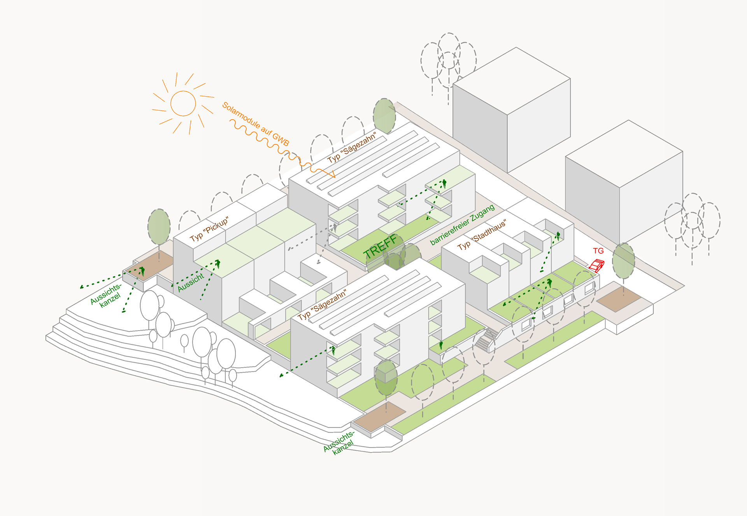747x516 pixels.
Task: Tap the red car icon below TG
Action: pos(596,265)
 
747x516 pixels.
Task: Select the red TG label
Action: pos(598,251)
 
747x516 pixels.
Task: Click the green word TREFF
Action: pos(380,246)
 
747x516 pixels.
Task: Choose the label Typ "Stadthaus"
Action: pos(482,235)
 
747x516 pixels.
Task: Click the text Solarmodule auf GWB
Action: pos(256,124)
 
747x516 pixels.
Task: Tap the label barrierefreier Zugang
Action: pos(462,225)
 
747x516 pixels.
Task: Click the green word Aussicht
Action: pos(191,282)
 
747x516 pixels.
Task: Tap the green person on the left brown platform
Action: pos(142,271)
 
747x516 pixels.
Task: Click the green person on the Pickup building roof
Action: pos(218,264)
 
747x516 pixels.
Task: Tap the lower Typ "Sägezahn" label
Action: pos(322,305)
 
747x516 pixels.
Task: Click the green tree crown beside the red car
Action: pos(624,261)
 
